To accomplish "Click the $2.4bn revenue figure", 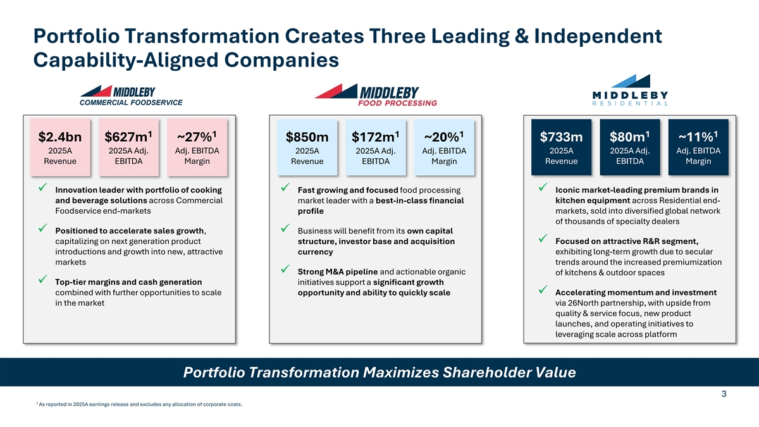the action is pyautogui.click(x=60, y=137).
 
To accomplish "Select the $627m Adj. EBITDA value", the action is pyautogui.click(x=128, y=137).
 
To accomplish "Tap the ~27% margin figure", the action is pyautogui.click(x=197, y=137).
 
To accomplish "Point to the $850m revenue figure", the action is pyautogui.click(x=307, y=137).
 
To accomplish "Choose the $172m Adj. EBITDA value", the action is pyautogui.click(x=376, y=137).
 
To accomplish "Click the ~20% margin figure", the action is pyautogui.click(x=444, y=137).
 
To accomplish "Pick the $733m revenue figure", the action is pyautogui.click(x=561, y=137).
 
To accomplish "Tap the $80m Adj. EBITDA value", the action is pyautogui.click(x=629, y=137).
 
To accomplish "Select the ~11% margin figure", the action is pyautogui.click(x=698, y=137).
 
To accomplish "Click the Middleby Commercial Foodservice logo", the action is pyautogui.click(x=131, y=96).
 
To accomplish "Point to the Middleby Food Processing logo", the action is pyautogui.click(x=376, y=96).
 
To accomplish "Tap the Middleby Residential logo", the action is pyautogui.click(x=630, y=90).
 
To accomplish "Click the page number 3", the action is pyautogui.click(x=724, y=393).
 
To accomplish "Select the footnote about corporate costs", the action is pyautogui.click(x=139, y=404).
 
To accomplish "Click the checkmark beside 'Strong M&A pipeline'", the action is pyautogui.click(x=285, y=269).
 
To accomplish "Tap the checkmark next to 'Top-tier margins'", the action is pyautogui.click(x=43, y=279).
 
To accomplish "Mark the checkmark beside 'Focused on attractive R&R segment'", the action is pyautogui.click(x=543, y=238).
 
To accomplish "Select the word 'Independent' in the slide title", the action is pyautogui.click(x=598, y=37).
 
